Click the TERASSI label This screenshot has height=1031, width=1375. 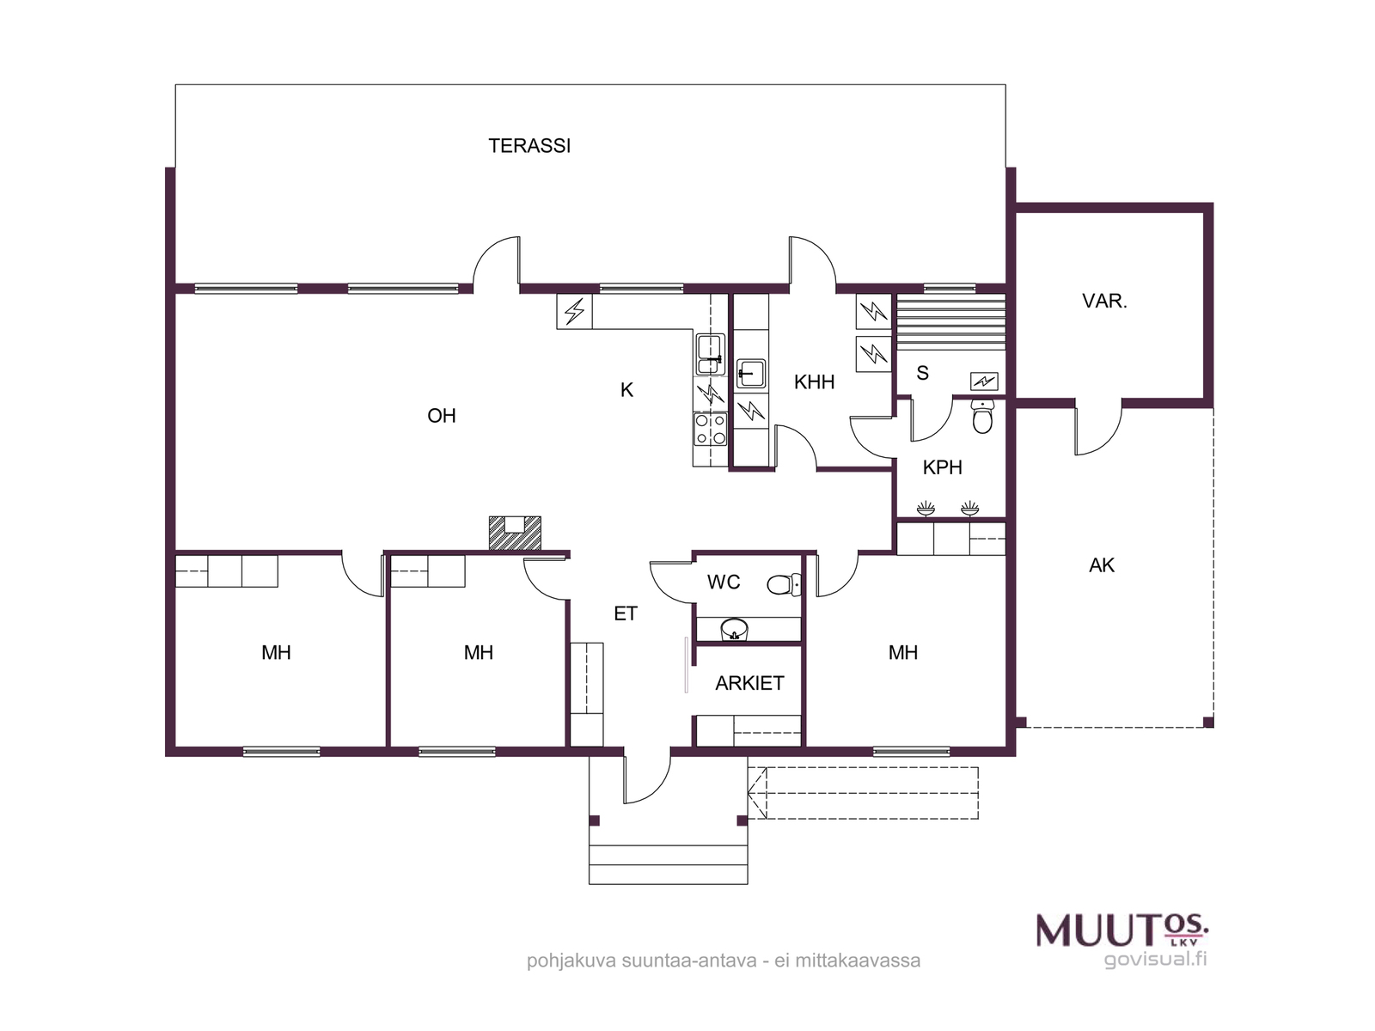(529, 146)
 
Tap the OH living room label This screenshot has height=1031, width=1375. (441, 416)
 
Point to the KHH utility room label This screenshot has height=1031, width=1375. (814, 381)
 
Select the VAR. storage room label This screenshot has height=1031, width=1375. (1104, 301)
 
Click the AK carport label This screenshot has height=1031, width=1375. (1101, 565)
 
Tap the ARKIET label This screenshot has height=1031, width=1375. (749, 683)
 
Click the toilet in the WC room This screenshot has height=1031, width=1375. (784, 585)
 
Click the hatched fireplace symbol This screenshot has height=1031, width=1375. (514, 534)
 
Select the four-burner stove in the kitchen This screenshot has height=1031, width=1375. (711, 429)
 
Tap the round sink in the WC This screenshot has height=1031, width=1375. (734, 629)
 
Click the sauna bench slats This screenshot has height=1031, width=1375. (951, 322)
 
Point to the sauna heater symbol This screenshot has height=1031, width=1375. (983, 381)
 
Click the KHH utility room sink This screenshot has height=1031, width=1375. (750, 374)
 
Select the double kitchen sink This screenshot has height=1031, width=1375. (710, 355)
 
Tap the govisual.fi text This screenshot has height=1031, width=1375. (1156, 959)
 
